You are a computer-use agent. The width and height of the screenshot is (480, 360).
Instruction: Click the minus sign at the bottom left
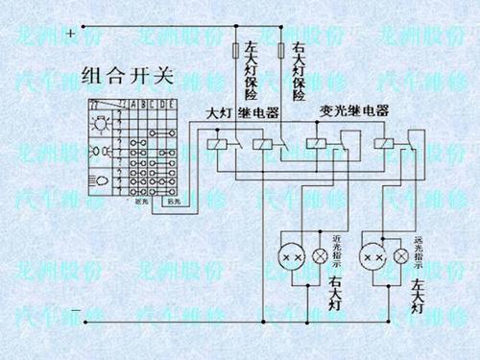pos(75,309)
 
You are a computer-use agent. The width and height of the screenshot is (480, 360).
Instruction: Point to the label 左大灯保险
pos(252,69)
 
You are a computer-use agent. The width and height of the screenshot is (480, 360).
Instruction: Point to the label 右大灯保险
pos(299,70)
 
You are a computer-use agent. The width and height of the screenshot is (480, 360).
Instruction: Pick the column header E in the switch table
pos(173,104)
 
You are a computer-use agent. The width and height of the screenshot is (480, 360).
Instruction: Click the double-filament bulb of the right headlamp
pos(294,257)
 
